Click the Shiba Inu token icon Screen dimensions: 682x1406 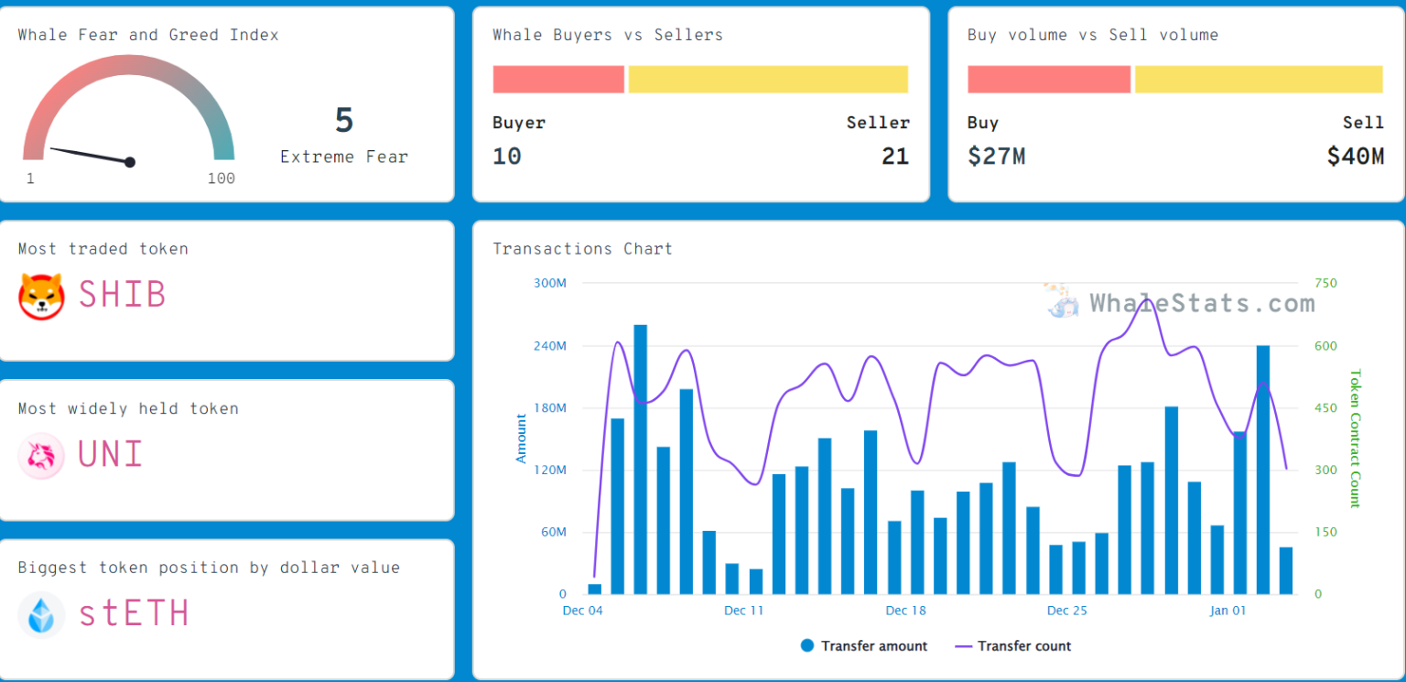coord(42,296)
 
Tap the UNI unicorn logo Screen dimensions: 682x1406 coord(42,456)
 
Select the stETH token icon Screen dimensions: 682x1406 coord(42,614)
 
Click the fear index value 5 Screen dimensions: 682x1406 coord(344,121)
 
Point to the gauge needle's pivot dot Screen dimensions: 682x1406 coord(130,162)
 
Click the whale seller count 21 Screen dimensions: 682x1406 coord(895,157)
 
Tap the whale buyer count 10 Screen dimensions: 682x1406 coord(507,157)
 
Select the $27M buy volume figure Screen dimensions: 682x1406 coord(996,157)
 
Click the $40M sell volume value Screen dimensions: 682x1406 coord(1356,157)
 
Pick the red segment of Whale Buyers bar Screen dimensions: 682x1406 coord(558,80)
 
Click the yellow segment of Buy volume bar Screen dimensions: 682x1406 coord(1259,80)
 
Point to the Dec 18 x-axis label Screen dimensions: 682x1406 coord(906,611)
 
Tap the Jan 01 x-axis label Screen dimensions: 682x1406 coord(1228,611)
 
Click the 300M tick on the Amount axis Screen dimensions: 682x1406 coord(550,283)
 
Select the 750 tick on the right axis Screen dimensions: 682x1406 coord(1325,283)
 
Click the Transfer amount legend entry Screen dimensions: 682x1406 coord(864,646)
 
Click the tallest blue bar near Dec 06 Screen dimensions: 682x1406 coord(641,458)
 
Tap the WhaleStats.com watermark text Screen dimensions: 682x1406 coord(1202,303)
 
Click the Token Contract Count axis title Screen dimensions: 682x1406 coord(1355,438)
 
